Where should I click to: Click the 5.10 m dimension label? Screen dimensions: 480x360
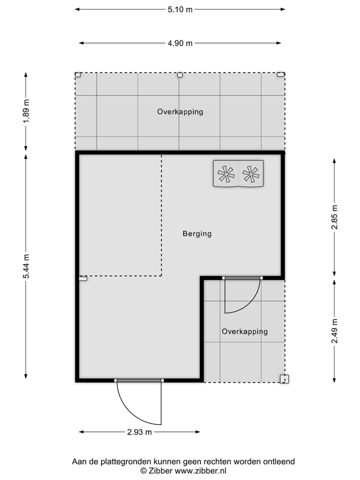180,9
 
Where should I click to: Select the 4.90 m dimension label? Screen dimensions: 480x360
180,43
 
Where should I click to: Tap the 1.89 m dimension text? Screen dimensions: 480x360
26,111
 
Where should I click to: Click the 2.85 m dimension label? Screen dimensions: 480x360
334,217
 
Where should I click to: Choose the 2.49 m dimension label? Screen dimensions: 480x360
334,331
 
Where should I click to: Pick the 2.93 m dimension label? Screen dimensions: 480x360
139,432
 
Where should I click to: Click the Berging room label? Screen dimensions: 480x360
197,233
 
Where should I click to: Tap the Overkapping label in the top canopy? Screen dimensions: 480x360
180,111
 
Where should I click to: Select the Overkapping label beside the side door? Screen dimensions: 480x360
244,331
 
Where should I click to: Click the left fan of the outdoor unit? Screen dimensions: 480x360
226,173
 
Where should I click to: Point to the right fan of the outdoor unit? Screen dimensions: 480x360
250,173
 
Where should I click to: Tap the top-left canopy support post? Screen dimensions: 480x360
78,74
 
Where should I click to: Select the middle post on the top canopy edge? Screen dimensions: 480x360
180,74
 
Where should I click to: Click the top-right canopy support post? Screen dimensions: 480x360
281,74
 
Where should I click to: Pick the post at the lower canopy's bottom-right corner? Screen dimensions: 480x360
283,379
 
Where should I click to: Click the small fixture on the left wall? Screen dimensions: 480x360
83,278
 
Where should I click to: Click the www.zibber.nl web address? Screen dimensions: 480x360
200,471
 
